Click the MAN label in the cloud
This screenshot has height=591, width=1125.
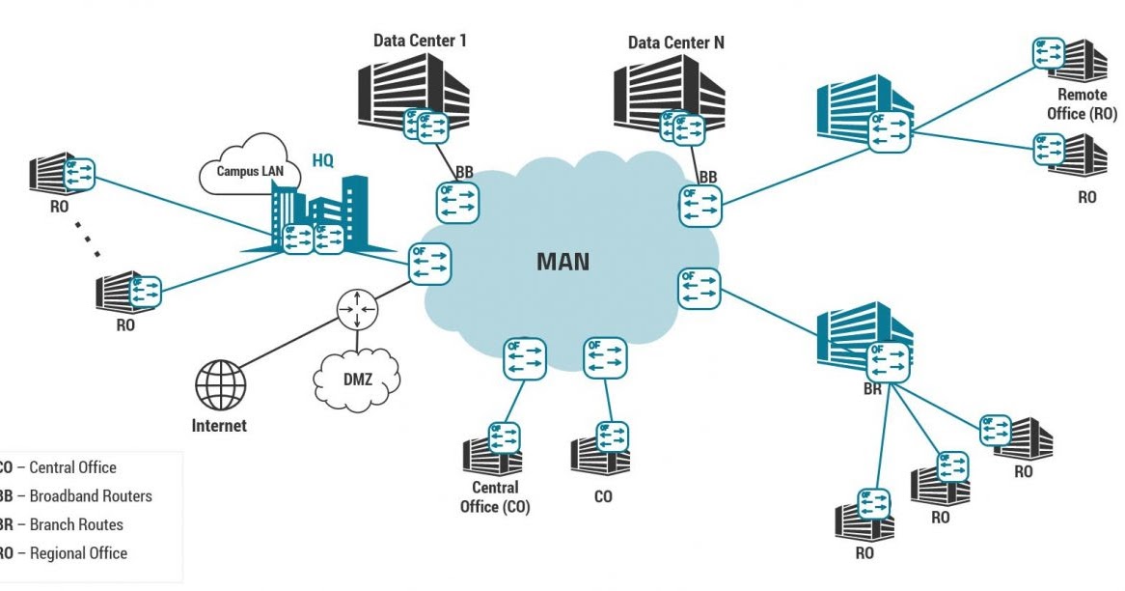coord(562,262)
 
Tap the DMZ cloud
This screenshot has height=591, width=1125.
coord(357,380)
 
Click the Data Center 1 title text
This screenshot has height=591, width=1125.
coord(420,41)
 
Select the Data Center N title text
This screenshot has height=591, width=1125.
coord(675,42)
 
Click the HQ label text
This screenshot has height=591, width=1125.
coord(322,160)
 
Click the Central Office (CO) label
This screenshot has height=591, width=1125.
coord(495,497)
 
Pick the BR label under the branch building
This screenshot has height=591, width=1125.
coord(872,389)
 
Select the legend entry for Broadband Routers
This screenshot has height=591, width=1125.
coord(77,496)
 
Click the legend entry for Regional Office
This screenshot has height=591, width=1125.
coord(68,553)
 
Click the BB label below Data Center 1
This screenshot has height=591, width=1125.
coord(464,172)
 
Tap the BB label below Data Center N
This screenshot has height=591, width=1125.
coord(708,177)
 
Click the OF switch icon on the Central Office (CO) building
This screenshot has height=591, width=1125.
coord(503,436)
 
